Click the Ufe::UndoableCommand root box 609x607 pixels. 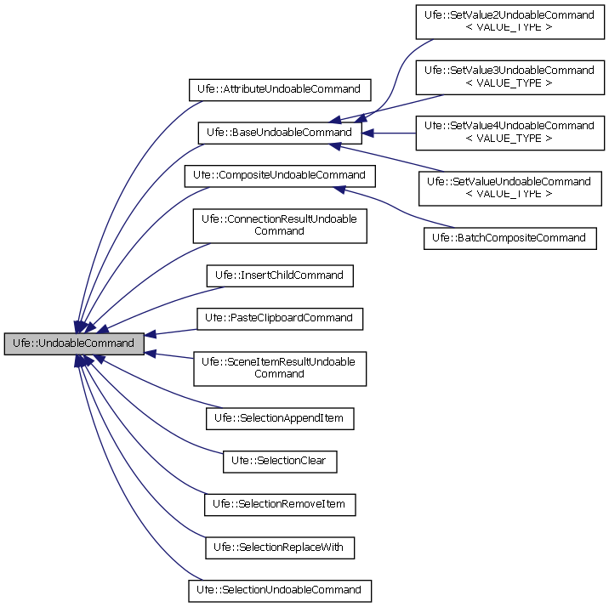pyautogui.click(x=73, y=343)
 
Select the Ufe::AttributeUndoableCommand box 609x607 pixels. pyautogui.click(x=279, y=88)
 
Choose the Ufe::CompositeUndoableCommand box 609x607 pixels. pyautogui.click(x=279, y=176)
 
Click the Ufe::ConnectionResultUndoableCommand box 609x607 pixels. pyautogui.click(x=279, y=224)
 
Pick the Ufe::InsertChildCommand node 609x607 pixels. pyautogui.click(x=279, y=275)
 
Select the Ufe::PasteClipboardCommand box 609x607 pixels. pyautogui.click(x=279, y=318)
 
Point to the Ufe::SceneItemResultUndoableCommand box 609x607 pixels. pyautogui.click(x=279, y=367)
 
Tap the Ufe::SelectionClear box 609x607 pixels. pyautogui.click(x=279, y=461)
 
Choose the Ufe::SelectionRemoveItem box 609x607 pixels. pyautogui.click(x=279, y=504)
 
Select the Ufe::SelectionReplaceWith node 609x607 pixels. pyautogui.click(x=279, y=547)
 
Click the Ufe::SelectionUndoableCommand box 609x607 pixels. pyautogui.click(x=279, y=589)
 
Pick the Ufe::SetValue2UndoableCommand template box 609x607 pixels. pyautogui.click(x=509, y=20)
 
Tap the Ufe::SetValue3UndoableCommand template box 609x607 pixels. pyautogui.click(x=509, y=76)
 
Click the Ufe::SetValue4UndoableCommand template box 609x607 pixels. pyautogui.click(x=509, y=132)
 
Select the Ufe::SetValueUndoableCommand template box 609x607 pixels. pyautogui.click(x=509, y=187)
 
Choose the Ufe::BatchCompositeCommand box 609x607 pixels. pyautogui.click(x=509, y=237)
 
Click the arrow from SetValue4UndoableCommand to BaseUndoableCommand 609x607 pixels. pyautogui.click(x=388, y=133)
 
